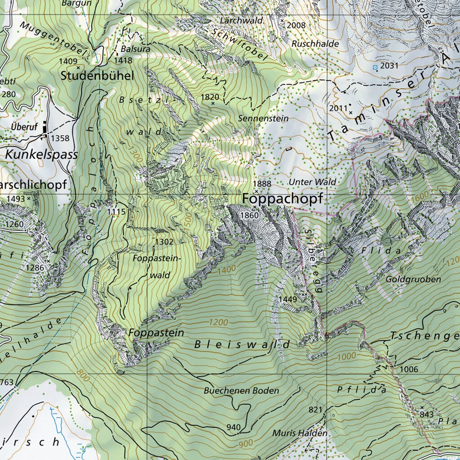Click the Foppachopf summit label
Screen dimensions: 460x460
click(283, 199)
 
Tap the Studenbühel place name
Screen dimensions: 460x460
click(97, 76)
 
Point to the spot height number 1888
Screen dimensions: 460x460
click(262, 184)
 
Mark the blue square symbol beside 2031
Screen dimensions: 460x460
click(375, 67)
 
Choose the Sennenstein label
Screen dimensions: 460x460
click(264, 119)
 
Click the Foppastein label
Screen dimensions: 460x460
click(156, 333)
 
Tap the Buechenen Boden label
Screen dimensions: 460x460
click(241, 391)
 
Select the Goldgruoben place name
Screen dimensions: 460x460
click(413, 279)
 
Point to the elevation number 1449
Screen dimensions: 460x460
click(287, 299)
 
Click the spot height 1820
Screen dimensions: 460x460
click(210, 97)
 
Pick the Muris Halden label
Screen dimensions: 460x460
click(300, 433)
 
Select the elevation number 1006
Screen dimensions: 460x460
click(409, 369)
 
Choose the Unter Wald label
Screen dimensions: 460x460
click(313, 182)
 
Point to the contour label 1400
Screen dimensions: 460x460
click(226, 270)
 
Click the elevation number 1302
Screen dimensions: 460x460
click(164, 242)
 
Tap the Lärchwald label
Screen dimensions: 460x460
click(241, 21)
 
